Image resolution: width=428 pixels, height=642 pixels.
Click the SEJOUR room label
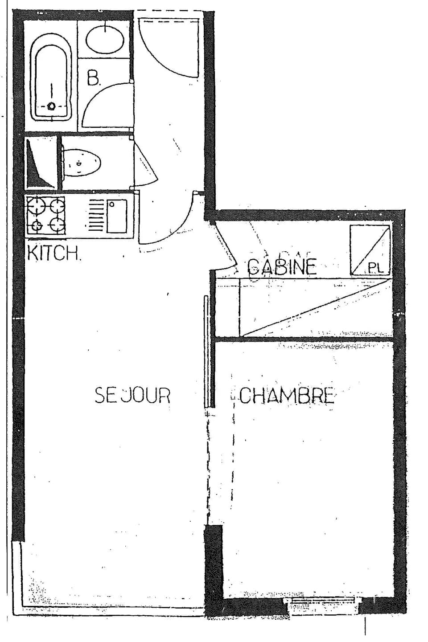pyautogui.click(x=132, y=395)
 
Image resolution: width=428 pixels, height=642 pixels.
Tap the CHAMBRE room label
pyautogui.click(x=286, y=396)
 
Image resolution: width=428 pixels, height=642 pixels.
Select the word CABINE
pyautogui.click(x=282, y=266)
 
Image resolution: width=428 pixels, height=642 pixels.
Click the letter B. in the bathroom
pyautogui.click(x=94, y=79)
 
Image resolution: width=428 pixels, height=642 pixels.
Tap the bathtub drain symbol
pyautogui.click(x=52, y=106)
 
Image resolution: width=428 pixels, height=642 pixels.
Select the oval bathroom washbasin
pyautogui.click(x=105, y=38)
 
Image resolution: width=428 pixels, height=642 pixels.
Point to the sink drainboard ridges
pyautogui.click(x=96, y=216)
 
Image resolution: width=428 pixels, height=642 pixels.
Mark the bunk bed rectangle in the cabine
pyautogui.click(x=316, y=307)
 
